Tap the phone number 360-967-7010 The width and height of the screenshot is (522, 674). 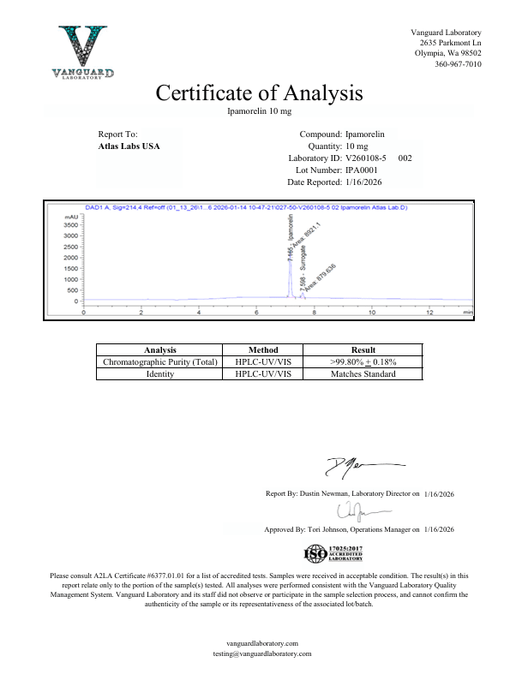[458, 64]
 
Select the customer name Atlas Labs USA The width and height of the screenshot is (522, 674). [129, 146]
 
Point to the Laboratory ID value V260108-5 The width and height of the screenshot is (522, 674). [366, 158]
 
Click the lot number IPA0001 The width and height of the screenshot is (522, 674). [362, 170]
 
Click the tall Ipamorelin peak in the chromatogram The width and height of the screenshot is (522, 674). [290, 257]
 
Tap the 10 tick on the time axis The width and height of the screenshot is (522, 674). [420, 313]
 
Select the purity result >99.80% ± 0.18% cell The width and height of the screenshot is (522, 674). [363, 361]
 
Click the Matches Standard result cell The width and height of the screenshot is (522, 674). [363, 373]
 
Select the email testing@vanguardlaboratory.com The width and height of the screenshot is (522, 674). [261, 653]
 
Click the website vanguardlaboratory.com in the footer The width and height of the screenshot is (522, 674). [261, 642]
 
